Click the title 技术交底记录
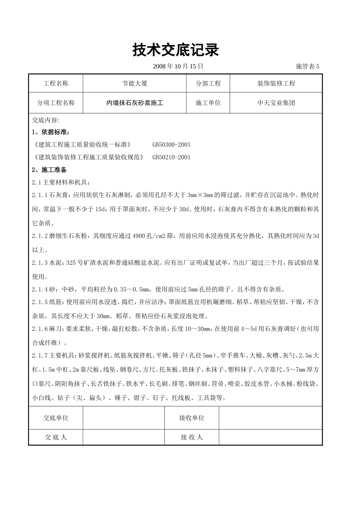[x=175, y=50]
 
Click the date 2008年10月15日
[x=178, y=66]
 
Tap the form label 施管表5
[x=307, y=66]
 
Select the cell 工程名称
[x=56, y=83]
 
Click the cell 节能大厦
[x=135, y=83]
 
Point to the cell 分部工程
[x=208, y=83]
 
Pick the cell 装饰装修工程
[x=276, y=83]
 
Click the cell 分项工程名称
[x=56, y=103]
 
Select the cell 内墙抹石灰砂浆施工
[x=135, y=103]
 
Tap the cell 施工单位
[x=208, y=103]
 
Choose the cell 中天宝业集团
[x=276, y=103]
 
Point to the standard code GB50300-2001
[x=171, y=145]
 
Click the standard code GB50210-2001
[x=171, y=157]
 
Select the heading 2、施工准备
[x=49, y=170]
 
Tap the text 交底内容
[x=45, y=120]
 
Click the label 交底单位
[x=56, y=418]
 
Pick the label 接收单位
[x=192, y=418]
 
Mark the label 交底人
[x=56, y=437]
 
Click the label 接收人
[x=192, y=437]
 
